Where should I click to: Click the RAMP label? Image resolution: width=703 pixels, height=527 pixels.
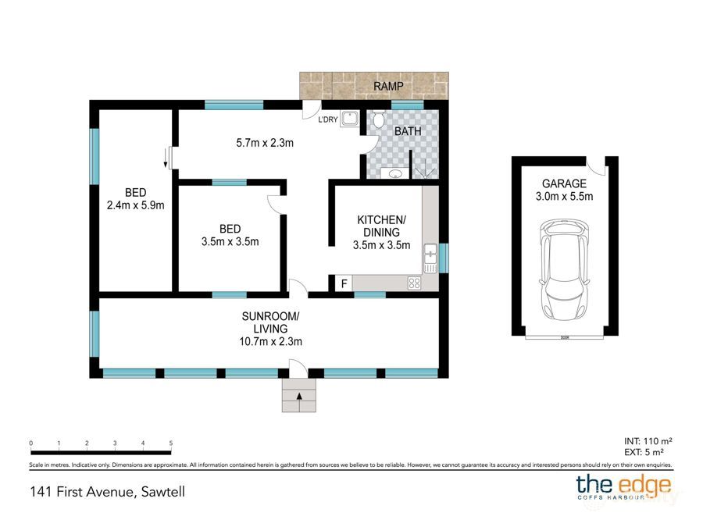388,85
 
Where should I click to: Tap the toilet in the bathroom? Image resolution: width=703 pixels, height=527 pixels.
379,120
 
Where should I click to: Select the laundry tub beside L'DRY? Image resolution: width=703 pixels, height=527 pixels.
349,119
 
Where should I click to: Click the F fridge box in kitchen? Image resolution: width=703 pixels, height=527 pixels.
343,284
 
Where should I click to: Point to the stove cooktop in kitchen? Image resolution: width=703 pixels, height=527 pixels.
413,284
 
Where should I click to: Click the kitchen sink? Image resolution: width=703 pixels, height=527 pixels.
430,253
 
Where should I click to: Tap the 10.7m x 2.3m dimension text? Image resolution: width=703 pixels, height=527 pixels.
270,341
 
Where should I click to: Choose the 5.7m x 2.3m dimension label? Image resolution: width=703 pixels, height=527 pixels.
264,143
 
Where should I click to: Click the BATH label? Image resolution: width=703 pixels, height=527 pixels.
407,132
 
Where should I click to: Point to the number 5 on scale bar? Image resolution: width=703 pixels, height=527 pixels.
170,443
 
